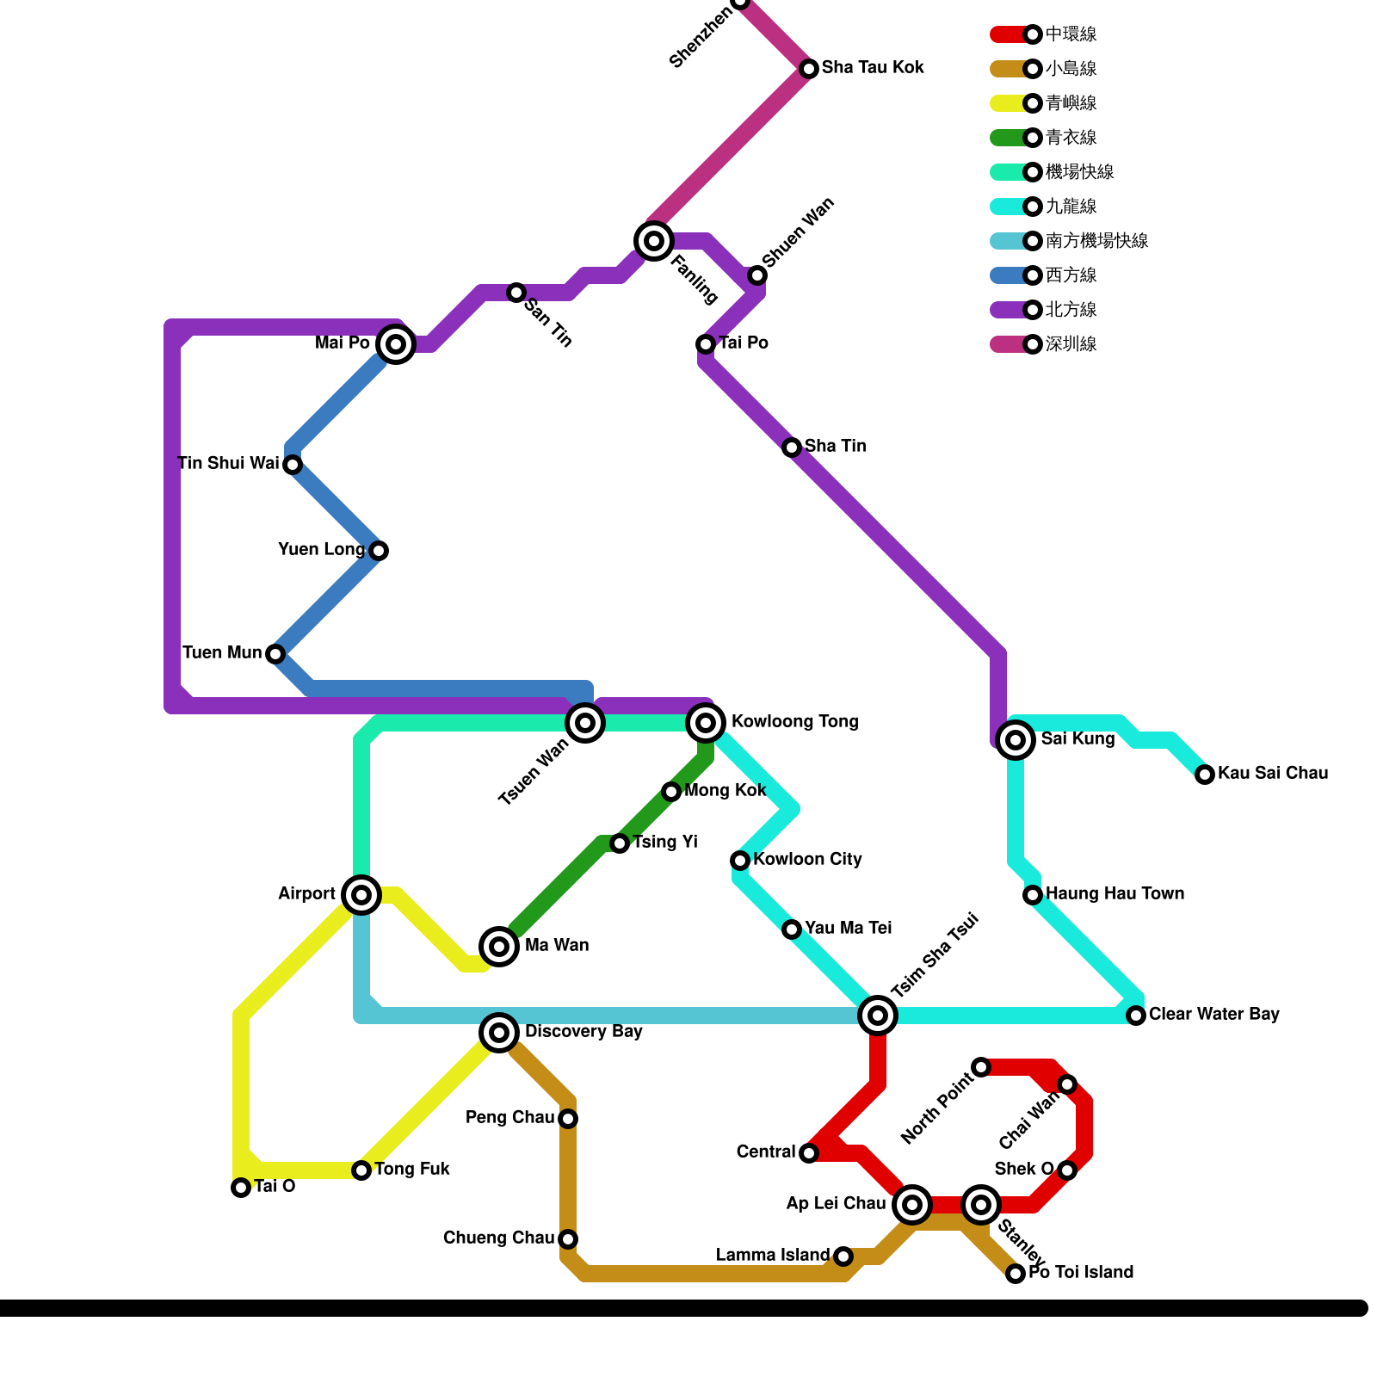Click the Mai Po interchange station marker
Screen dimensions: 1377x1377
pyautogui.click(x=396, y=344)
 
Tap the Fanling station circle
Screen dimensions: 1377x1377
pyautogui.click(x=654, y=240)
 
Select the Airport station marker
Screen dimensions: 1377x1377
pyautogui.click(x=361, y=895)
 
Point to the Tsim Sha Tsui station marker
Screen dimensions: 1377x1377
pyautogui.click(x=878, y=1016)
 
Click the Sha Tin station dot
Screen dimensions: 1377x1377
pyautogui.click(x=792, y=448)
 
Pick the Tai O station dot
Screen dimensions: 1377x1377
pyautogui.click(x=241, y=1188)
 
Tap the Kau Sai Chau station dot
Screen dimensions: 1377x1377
pyautogui.click(x=1205, y=775)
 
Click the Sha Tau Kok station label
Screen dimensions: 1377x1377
pyautogui.click(x=873, y=67)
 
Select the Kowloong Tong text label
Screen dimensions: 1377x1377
pyautogui.click(x=794, y=721)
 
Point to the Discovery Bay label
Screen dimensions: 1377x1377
pyautogui.click(x=584, y=1031)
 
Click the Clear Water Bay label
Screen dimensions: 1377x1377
pyautogui.click(x=1213, y=1014)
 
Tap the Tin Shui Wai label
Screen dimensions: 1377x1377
pyautogui.click(x=228, y=463)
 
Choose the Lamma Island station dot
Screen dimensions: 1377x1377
pyautogui.click(x=843, y=1257)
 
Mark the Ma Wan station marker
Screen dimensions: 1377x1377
pyautogui.click(x=499, y=947)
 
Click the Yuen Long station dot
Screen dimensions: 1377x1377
pyautogui.click(x=379, y=551)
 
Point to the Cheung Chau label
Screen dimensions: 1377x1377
pyautogui.click(x=498, y=1238)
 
